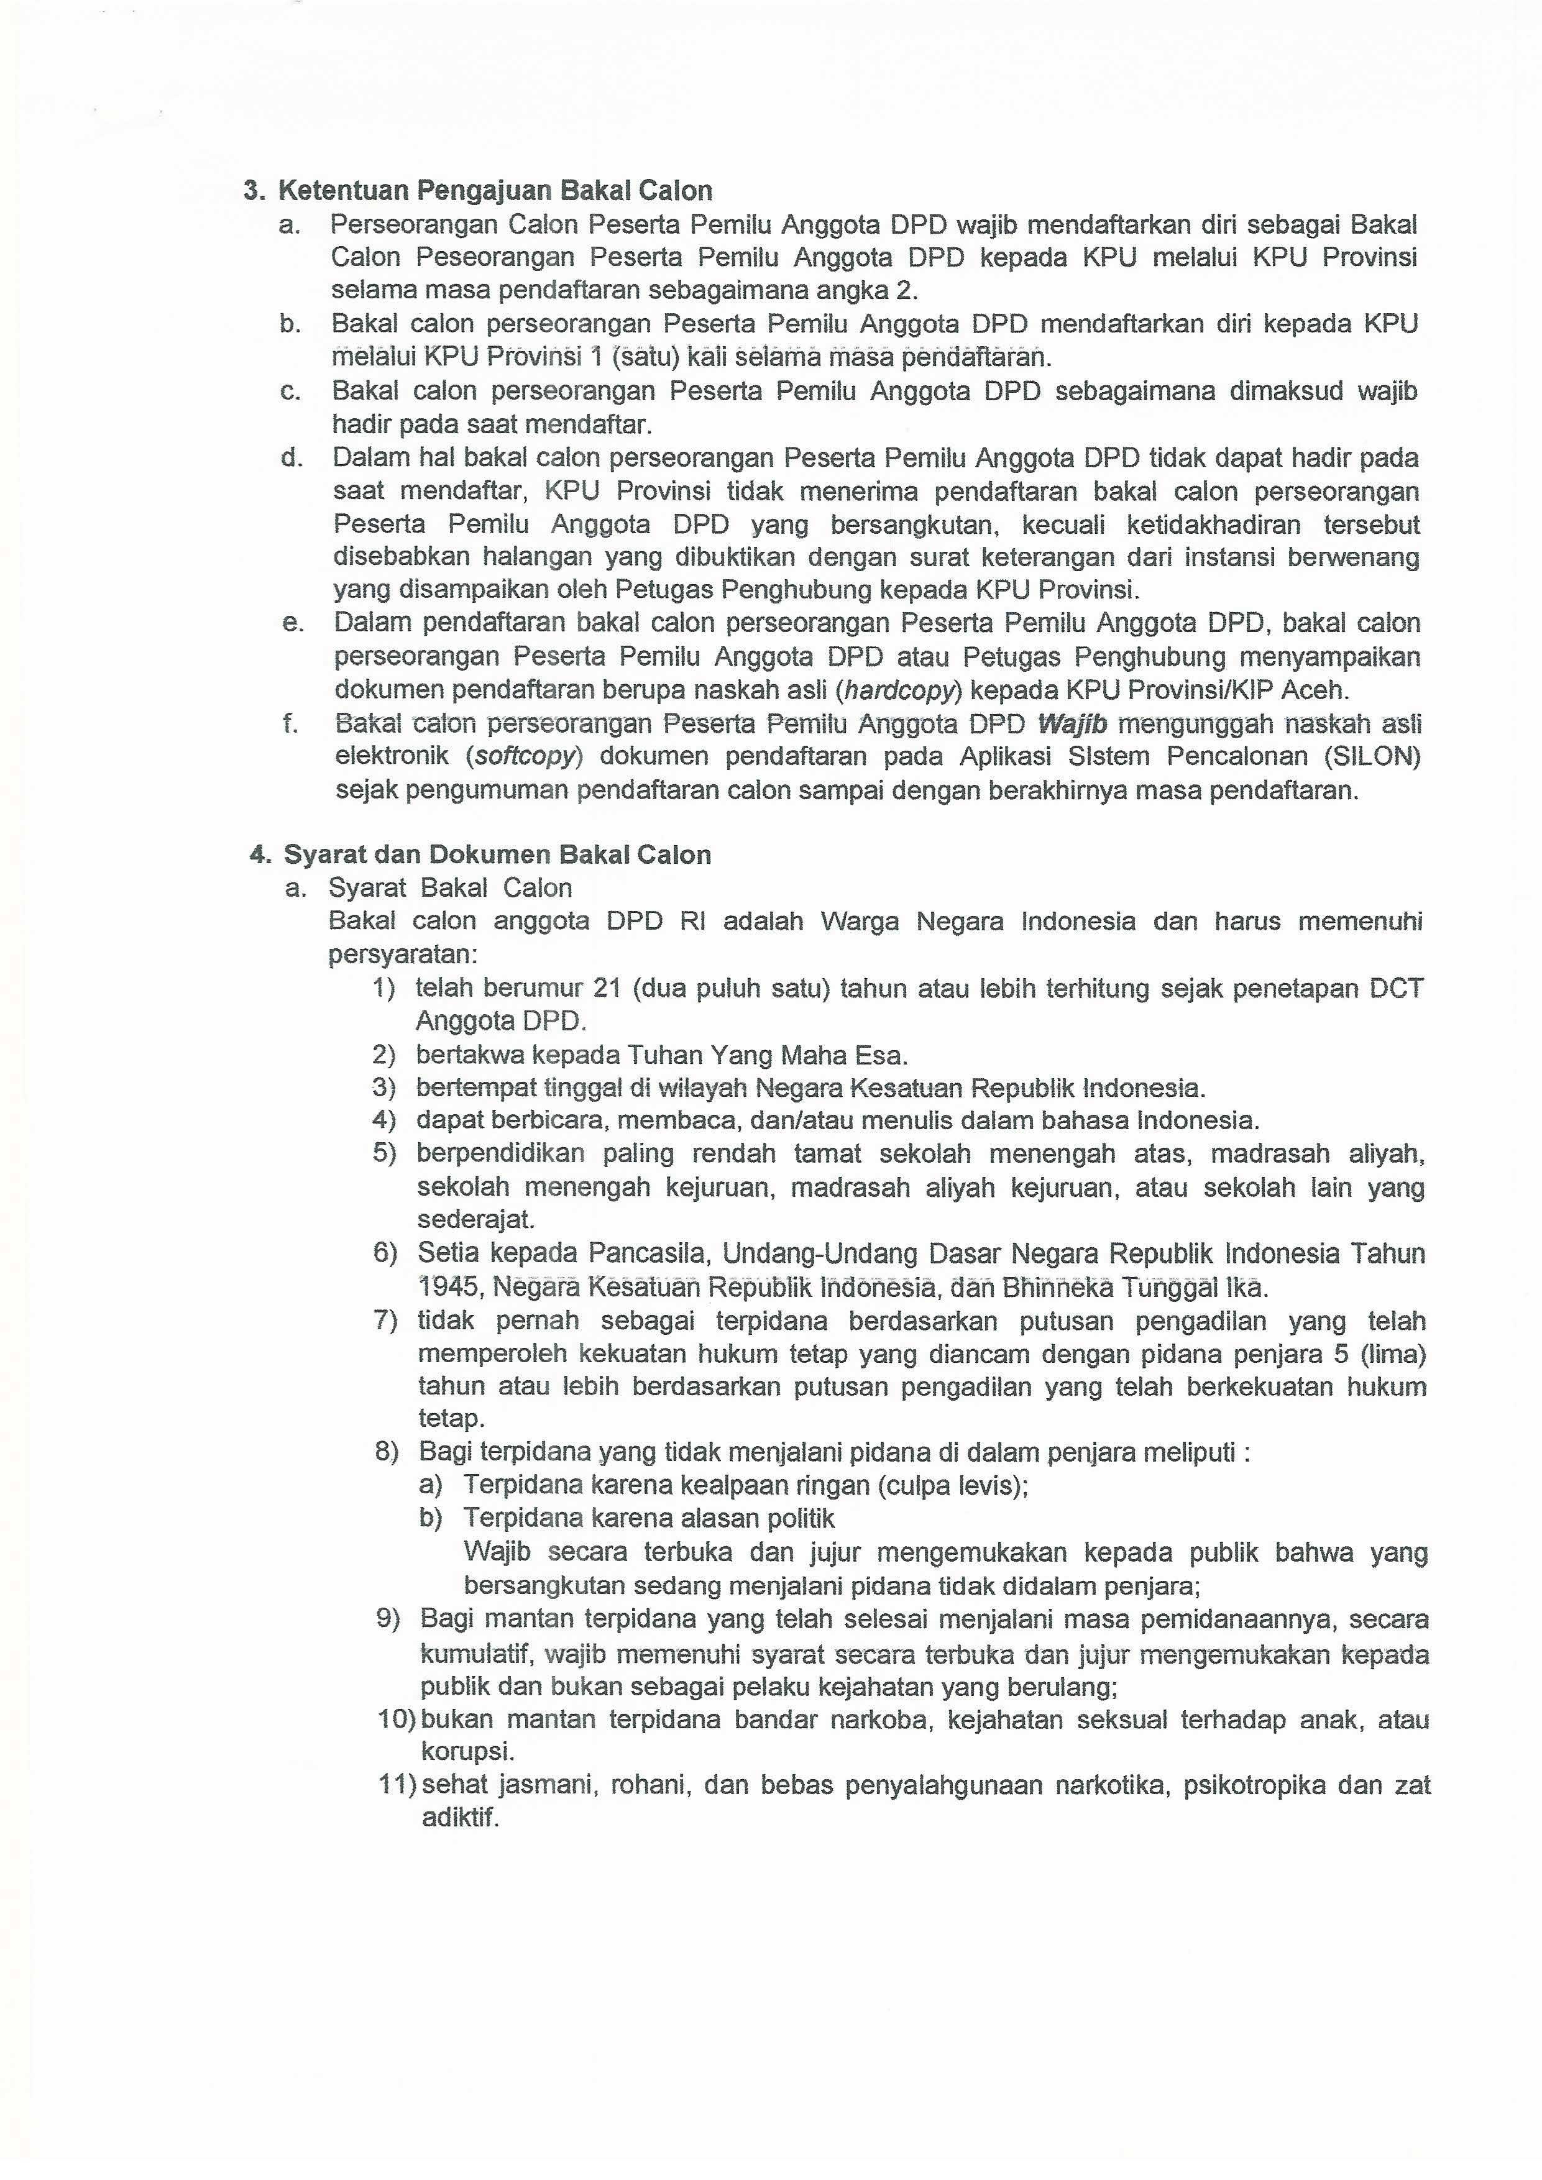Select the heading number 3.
[252, 191]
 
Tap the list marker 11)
[397, 1785]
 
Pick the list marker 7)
[385, 1321]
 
